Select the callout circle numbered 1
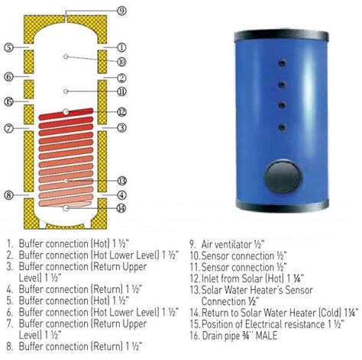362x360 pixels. (x=122, y=47)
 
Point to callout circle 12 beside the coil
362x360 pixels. (x=121, y=112)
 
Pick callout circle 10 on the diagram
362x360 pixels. (x=121, y=61)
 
